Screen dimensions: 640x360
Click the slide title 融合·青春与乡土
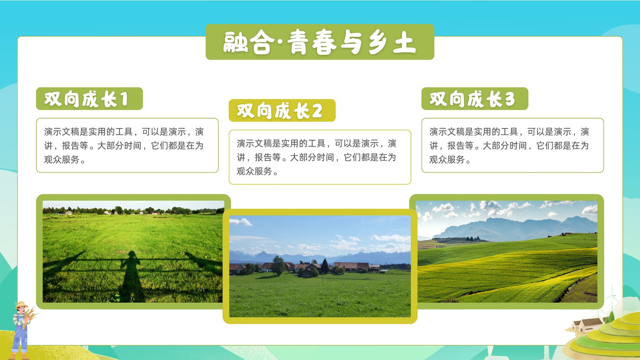[x=320, y=42]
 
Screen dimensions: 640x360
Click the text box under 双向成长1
[x=127, y=146]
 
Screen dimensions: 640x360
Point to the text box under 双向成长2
[x=320, y=157]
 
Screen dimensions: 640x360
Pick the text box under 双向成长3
[x=512, y=146]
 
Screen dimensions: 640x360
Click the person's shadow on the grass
[x=132, y=276]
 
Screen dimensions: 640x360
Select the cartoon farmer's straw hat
[x=22, y=305]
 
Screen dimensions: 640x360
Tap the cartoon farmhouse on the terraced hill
[x=588, y=324]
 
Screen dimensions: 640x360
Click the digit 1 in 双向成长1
[x=124, y=100]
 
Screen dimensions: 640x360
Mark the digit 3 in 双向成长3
[x=510, y=100]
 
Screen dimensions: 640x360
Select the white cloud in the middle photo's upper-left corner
[x=240, y=222]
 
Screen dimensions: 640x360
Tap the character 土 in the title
[x=404, y=42]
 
